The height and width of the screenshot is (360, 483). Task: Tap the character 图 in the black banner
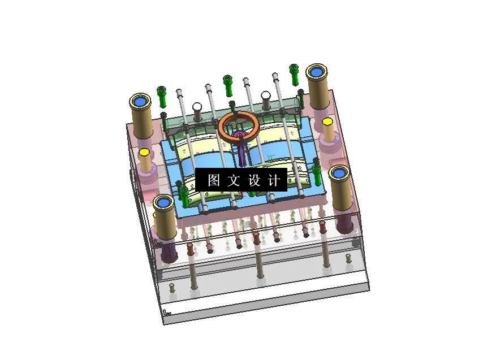[214, 180]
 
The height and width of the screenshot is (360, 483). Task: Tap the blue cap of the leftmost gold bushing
[140, 102]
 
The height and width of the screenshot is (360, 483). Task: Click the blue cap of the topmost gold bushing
[317, 72]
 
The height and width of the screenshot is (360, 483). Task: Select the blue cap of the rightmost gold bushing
[339, 174]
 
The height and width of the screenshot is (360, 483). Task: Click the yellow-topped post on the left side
[144, 153]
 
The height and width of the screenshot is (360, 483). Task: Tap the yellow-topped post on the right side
[327, 122]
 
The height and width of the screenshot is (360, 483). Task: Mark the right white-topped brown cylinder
[266, 95]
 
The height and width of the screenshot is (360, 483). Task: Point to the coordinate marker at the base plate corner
[166, 311]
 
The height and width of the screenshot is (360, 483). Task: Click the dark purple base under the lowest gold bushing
[169, 253]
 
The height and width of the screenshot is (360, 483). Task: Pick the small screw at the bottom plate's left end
[172, 288]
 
